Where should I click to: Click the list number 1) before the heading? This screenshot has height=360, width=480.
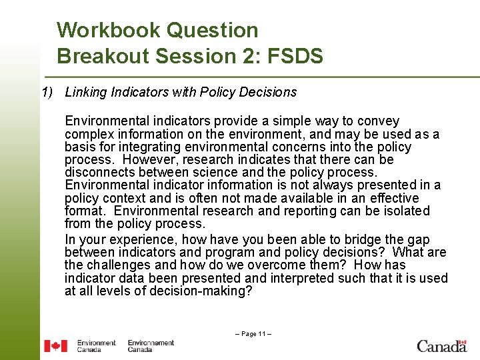pos(47,92)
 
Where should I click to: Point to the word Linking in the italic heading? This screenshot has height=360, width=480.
pos(84,92)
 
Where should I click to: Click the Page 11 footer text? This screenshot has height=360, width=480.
pos(253,333)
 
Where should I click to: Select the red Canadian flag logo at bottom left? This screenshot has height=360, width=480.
pos(55,346)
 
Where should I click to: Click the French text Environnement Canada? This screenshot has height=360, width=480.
pos(151,346)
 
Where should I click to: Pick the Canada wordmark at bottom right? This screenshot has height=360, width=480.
pos(441,345)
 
